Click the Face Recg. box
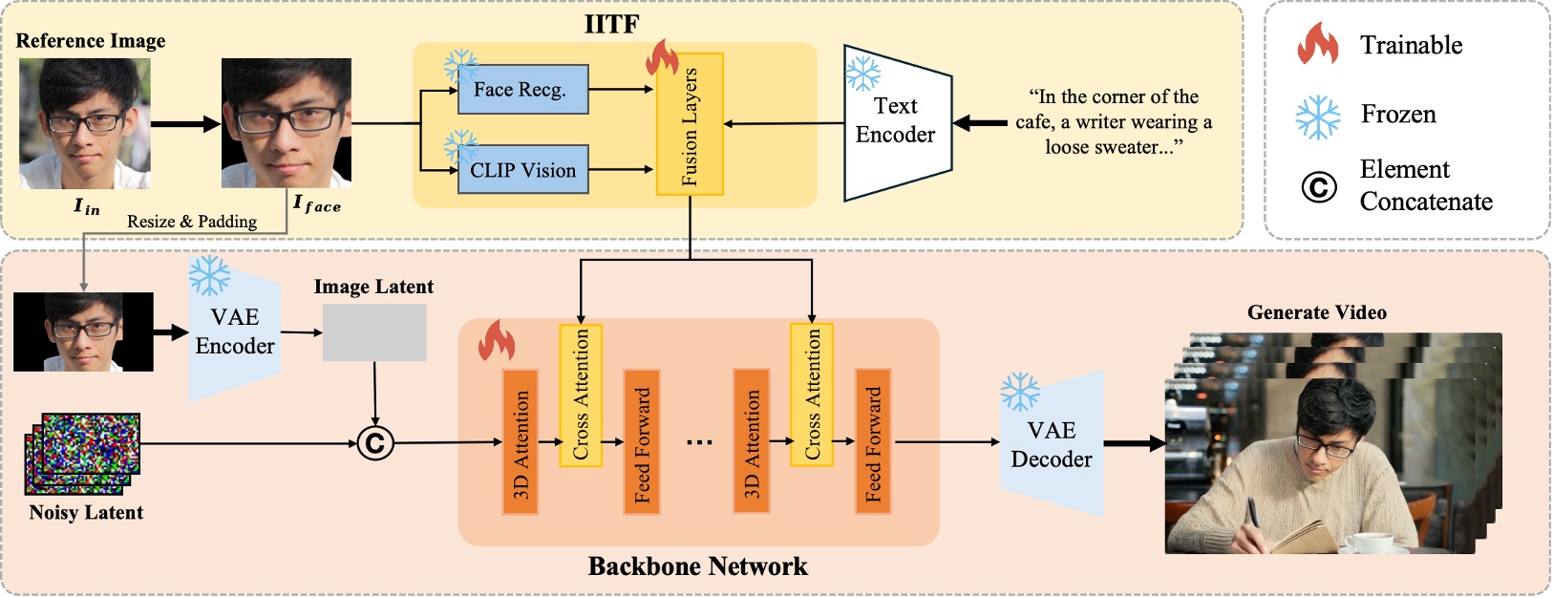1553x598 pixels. pyautogui.click(x=521, y=90)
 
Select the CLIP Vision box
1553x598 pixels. pyautogui.click(x=522, y=170)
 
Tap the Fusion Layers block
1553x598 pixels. pyautogui.click(x=690, y=124)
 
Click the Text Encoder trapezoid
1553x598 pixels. pyautogui.click(x=896, y=122)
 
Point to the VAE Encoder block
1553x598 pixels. pyautogui.click(x=235, y=332)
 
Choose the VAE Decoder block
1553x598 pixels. pyautogui.click(x=1052, y=445)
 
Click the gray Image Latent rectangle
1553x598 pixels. pyautogui.click(x=374, y=332)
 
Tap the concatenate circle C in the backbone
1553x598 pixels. pyautogui.click(x=375, y=443)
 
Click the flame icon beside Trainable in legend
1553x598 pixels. pyautogui.click(x=1318, y=44)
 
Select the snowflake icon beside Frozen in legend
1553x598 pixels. pyautogui.click(x=1318, y=116)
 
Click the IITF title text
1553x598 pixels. pyautogui.click(x=611, y=24)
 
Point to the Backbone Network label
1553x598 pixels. pyautogui.click(x=697, y=566)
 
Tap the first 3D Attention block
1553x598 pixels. pyautogui.click(x=521, y=441)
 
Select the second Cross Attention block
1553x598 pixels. pyautogui.click(x=812, y=394)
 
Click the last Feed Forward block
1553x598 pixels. pyautogui.click(x=872, y=441)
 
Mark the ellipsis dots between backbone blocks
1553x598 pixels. pyautogui.click(x=699, y=442)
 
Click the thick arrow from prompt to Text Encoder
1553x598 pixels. pyautogui.click(x=980, y=122)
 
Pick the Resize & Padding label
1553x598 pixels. pyautogui.click(x=192, y=222)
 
